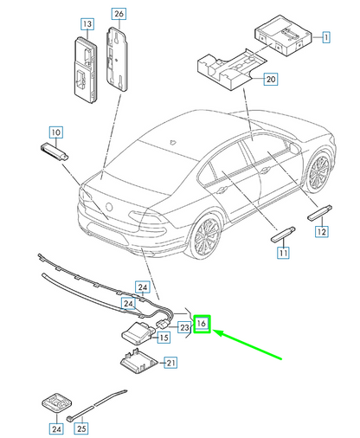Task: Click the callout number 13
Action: tap(87, 24)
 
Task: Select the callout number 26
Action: tap(119, 13)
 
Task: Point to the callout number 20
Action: tap(270, 79)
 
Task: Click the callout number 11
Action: tap(282, 253)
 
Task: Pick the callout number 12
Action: tap(320, 231)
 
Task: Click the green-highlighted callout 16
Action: tap(202, 324)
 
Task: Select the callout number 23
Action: tap(184, 328)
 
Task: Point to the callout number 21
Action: tap(170, 363)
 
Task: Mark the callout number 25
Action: tap(81, 427)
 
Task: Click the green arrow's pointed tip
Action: tap(214, 332)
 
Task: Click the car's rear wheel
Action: tap(206, 239)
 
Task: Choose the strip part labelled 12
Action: tap(317, 212)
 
